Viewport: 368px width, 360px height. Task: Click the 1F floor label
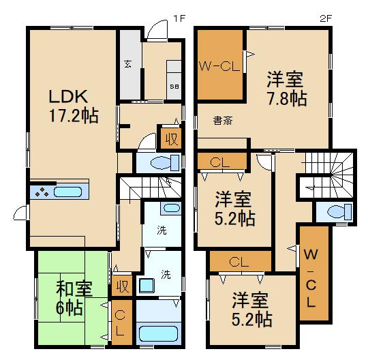[x=179, y=18]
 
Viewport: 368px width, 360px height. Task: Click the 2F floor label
[x=326, y=18]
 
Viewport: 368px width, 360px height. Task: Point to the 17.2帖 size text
[x=72, y=115]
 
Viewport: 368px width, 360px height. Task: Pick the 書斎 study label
[x=222, y=121]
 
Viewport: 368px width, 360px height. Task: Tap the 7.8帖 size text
[x=286, y=97]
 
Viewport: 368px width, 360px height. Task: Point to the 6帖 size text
[x=69, y=307]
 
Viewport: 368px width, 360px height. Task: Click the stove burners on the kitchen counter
[x=41, y=192]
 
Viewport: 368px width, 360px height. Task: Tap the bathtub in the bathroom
[x=158, y=335]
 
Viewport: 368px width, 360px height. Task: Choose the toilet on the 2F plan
[x=335, y=212]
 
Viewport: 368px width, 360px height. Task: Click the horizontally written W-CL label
[x=220, y=66]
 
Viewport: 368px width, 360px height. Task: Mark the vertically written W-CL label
[x=310, y=279]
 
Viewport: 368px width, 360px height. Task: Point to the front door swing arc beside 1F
[x=157, y=29]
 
